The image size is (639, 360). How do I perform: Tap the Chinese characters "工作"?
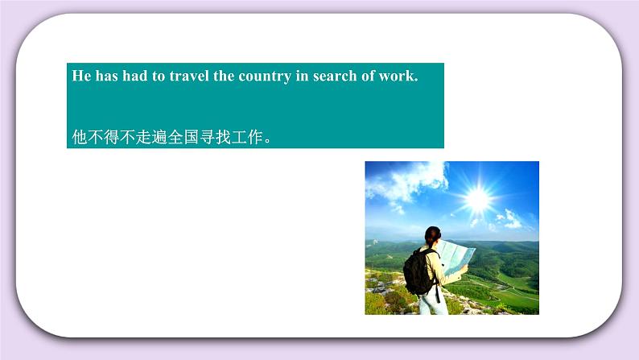point(246,136)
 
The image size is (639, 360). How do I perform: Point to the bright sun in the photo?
point(477,196)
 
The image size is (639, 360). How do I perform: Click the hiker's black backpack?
point(419,271)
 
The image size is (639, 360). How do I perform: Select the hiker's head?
point(432,235)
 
